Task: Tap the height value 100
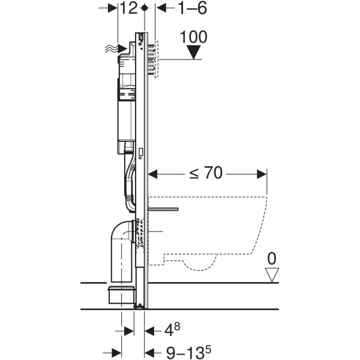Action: [x=194, y=37]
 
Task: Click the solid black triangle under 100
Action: [x=194, y=52]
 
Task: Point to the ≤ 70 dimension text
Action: [x=206, y=173]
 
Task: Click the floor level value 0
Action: [x=272, y=259]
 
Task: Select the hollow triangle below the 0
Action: [x=272, y=275]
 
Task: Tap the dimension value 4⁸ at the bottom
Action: [x=172, y=329]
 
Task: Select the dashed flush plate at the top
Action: [x=155, y=59]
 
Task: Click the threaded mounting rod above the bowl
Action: [x=164, y=209]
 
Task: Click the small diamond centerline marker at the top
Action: [x=145, y=8]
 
